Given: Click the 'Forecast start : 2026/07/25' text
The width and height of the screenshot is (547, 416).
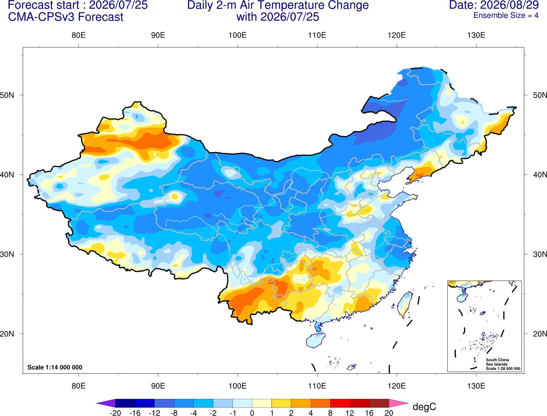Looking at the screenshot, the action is pyautogui.click(x=78, y=5).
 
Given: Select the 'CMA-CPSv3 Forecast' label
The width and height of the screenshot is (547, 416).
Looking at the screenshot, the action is pyautogui.click(x=66, y=17).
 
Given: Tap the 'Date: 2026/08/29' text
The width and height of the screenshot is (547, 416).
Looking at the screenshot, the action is pyautogui.click(x=494, y=5).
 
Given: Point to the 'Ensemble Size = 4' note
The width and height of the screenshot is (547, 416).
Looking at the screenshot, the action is pyautogui.click(x=506, y=15).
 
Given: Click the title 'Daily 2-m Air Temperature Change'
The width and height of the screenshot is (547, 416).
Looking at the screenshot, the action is pyautogui.click(x=278, y=5).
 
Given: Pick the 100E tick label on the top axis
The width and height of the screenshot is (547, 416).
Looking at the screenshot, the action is pyautogui.click(x=238, y=35).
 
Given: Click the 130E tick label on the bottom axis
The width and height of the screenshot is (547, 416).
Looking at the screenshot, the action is pyautogui.click(x=476, y=386).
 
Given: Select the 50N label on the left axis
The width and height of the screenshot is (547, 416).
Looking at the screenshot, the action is pyautogui.click(x=7, y=95).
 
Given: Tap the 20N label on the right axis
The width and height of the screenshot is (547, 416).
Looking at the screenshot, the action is pyautogui.click(x=540, y=334).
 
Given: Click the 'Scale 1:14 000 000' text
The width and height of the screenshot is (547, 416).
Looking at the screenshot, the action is pyautogui.click(x=55, y=367).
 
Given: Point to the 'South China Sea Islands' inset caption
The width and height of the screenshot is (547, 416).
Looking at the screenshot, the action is pyautogui.click(x=497, y=362).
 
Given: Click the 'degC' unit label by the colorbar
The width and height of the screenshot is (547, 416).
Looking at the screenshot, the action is pyautogui.click(x=424, y=407).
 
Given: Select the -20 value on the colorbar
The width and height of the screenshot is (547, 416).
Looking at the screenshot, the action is pyautogui.click(x=115, y=413).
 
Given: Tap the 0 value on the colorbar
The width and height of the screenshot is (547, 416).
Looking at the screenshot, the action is pyautogui.click(x=252, y=413).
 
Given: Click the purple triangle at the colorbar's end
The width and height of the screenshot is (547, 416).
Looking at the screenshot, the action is pyautogui.click(x=106, y=403).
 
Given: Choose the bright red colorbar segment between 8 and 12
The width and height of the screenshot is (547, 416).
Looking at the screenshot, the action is pyautogui.click(x=340, y=403).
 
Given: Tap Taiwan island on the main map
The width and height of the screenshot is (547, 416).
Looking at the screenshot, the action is pyautogui.click(x=404, y=305).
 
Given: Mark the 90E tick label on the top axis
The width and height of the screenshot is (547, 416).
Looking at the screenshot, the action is pyautogui.click(x=158, y=35).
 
